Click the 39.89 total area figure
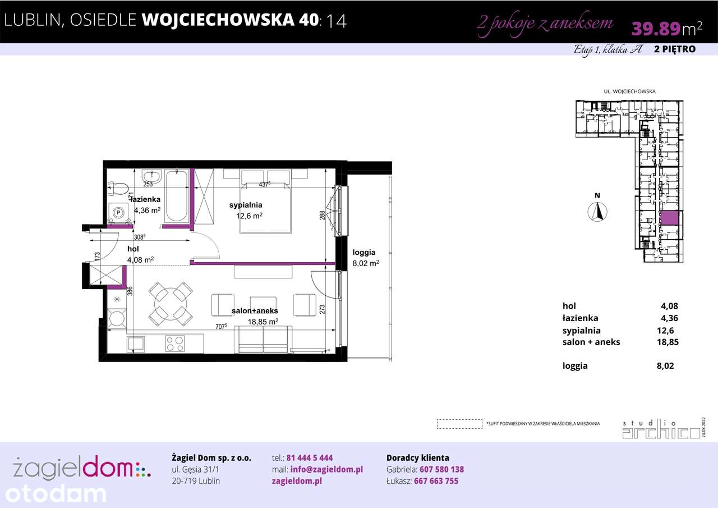pos(656,28)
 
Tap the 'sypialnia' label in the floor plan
pos(246,205)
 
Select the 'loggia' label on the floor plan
pos(363,252)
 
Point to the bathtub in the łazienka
pos(177,196)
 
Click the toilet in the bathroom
pos(118,188)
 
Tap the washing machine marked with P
pos(118,212)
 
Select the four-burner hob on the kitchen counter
pos(175,343)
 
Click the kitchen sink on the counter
pos(136,343)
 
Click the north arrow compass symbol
pos(599,211)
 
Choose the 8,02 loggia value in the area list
pos(665,366)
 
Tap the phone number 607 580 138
pos(439,469)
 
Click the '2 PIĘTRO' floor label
pos(675,49)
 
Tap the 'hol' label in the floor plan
pos(133,249)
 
